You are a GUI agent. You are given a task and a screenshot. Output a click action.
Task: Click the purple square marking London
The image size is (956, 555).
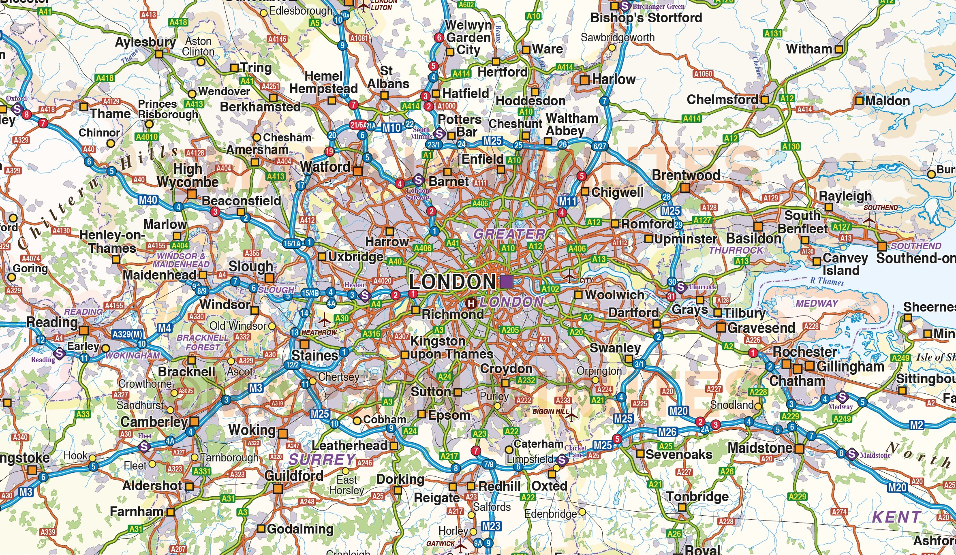click(x=506, y=281)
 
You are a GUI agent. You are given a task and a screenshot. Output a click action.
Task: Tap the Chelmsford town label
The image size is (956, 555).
click(x=722, y=100)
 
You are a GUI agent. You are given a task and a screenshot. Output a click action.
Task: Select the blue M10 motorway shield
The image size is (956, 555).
click(x=391, y=128)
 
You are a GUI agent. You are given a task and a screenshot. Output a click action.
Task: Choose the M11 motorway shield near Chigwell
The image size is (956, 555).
click(x=567, y=201)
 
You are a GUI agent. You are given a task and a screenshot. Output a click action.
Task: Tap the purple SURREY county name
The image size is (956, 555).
click(x=322, y=459)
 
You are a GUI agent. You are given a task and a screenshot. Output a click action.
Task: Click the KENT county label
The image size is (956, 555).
click(x=896, y=517)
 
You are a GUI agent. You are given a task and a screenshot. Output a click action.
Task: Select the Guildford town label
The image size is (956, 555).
click(x=294, y=476)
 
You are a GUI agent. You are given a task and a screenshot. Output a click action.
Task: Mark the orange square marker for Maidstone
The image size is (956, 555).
click(x=799, y=449)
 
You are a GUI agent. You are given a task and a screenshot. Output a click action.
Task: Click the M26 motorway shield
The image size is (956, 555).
click(x=667, y=432)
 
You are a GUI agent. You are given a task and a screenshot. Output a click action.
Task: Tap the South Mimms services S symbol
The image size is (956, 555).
click(x=439, y=133)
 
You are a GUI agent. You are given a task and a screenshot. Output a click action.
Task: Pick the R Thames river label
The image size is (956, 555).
click(x=827, y=281)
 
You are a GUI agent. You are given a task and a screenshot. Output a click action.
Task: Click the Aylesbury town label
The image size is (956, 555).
click(x=145, y=42)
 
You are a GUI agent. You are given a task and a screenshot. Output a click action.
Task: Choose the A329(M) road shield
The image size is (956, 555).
click(x=127, y=334)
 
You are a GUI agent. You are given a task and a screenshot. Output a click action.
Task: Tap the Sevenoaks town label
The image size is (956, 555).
click(x=679, y=455)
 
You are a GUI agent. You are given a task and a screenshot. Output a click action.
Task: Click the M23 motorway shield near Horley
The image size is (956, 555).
click(x=491, y=526)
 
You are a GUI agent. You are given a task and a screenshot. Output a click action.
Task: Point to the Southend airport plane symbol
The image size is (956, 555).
click(x=869, y=221)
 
